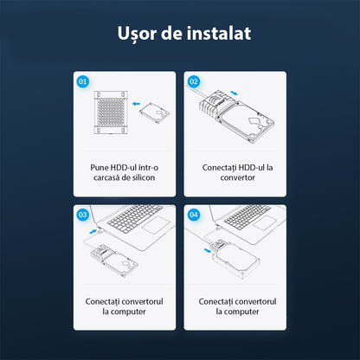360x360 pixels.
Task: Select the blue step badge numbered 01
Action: click(83, 82)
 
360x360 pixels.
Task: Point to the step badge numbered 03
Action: click(83, 214)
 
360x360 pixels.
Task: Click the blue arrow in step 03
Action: click(94, 231)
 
